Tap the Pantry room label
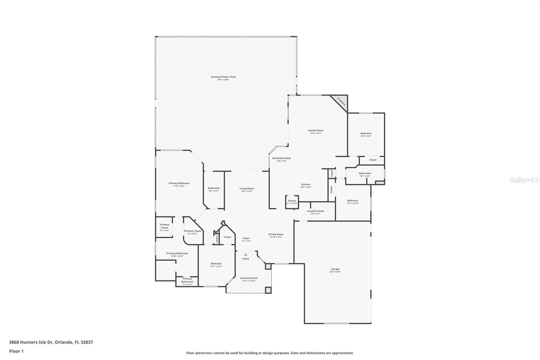292,202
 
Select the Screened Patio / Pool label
223,78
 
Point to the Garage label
335,270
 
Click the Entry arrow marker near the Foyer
246,254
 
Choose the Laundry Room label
316,212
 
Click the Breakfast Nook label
281,159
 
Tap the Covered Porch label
249,279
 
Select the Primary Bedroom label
179,184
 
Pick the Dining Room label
276,235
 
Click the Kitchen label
306,185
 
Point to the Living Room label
247,189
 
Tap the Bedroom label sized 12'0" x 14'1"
366,134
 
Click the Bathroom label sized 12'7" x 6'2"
365,174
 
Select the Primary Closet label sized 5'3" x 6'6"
164,227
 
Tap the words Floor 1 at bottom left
16,351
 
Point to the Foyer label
246,239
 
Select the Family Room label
316,131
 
